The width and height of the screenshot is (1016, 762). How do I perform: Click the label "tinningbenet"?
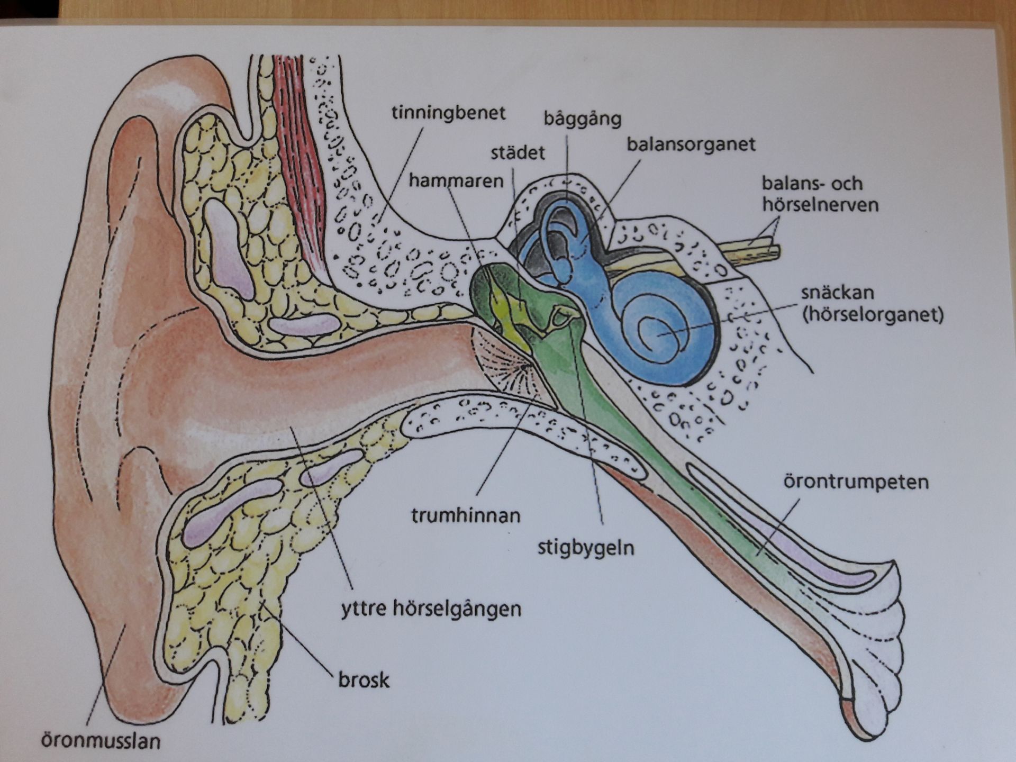(448, 114)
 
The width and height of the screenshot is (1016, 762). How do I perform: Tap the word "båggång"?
(582, 119)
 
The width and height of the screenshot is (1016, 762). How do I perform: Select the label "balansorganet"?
(691, 144)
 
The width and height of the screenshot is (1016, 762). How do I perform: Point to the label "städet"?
(517, 153)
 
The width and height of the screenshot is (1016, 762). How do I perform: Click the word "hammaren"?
(456, 181)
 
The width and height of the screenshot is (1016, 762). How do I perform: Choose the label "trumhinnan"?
(466, 515)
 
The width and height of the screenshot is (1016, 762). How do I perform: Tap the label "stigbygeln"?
(586, 547)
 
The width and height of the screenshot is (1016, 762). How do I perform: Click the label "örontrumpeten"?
(856, 483)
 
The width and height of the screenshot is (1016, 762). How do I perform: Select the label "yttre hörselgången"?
(430, 609)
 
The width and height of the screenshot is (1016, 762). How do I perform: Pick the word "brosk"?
(364, 679)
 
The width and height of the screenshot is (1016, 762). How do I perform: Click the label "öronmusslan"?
(101, 740)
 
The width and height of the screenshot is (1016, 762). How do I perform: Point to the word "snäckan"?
(837, 293)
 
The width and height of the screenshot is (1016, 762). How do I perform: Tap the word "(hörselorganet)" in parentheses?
(873, 315)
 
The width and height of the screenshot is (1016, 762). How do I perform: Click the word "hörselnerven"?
(820, 205)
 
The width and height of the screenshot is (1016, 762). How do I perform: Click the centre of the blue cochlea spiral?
(659, 333)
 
